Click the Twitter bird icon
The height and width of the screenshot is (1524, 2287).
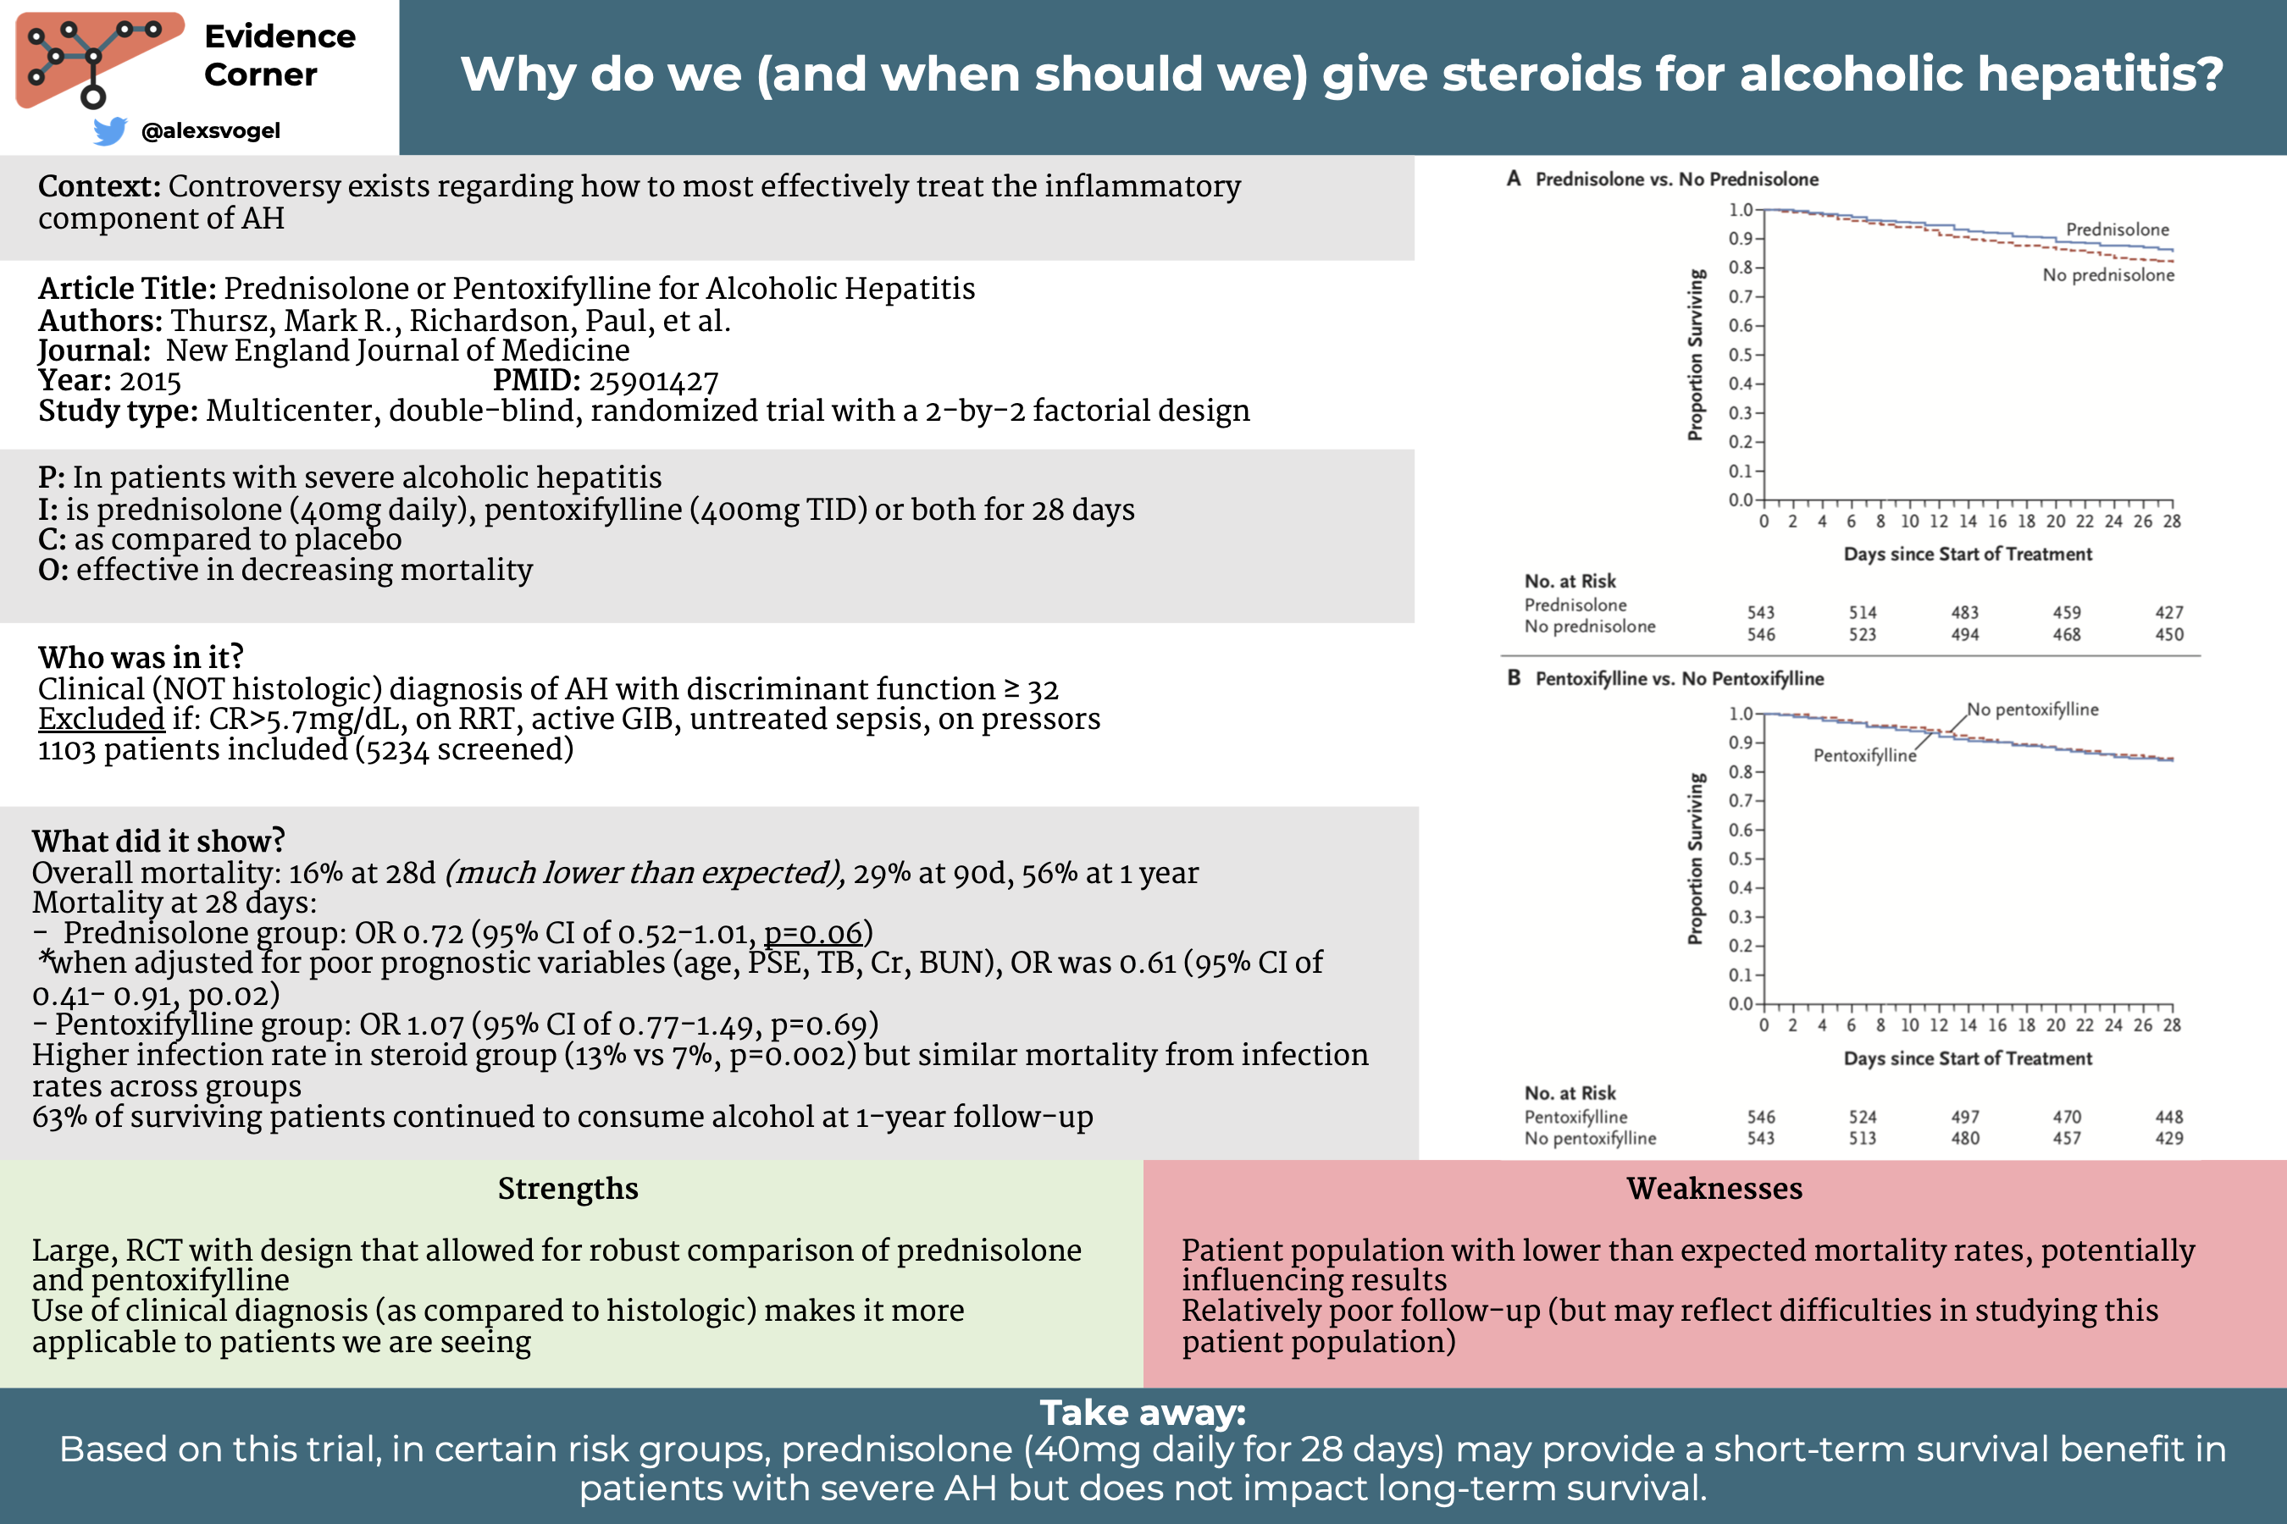(110, 130)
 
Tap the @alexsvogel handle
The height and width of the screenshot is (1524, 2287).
(211, 130)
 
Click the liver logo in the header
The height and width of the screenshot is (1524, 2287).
(98, 58)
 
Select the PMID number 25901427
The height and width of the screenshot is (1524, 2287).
(653, 381)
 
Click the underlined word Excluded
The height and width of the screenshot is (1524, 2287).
(101, 718)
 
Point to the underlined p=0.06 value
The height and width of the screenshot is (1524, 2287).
(813, 933)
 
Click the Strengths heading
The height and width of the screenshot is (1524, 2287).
(568, 1189)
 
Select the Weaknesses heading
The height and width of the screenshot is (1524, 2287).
(1714, 1189)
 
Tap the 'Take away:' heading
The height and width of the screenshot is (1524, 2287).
(1143, 1412)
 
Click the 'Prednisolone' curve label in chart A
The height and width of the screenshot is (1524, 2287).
(2117, 229)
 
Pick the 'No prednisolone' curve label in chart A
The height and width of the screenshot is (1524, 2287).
(2108, 275)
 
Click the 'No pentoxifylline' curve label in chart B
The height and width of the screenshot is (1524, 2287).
(2032, 710)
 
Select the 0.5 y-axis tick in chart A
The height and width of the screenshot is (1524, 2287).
(1740, 355)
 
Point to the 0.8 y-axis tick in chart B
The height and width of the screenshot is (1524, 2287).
(1740, 771)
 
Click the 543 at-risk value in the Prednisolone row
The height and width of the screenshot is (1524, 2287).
(1760, 613)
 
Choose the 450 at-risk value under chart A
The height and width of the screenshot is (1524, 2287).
(2168, 635)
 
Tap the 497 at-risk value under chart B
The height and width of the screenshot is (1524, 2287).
(1964, 1117)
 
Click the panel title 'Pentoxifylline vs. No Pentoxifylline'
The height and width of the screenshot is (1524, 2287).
(1680, 678)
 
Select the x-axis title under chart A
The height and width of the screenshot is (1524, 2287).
(1967, 554)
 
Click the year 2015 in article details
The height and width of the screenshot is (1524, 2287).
(151, 381)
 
